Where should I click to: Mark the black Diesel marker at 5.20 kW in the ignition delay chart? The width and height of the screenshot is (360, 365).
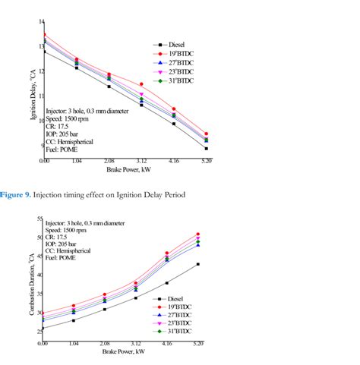click(207, 149)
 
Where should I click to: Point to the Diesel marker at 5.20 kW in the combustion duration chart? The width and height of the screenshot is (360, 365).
click(198, 264)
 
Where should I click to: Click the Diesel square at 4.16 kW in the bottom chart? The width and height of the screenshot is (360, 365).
click(167, 283)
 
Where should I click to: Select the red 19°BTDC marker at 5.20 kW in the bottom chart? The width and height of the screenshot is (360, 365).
click(198, 234)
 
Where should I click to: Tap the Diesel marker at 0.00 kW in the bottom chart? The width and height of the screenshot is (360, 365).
click(43, 328)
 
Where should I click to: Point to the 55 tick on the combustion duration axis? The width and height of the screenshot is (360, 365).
click(38, 219)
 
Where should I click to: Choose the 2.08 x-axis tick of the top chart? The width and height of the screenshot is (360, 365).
click(109, 162)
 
